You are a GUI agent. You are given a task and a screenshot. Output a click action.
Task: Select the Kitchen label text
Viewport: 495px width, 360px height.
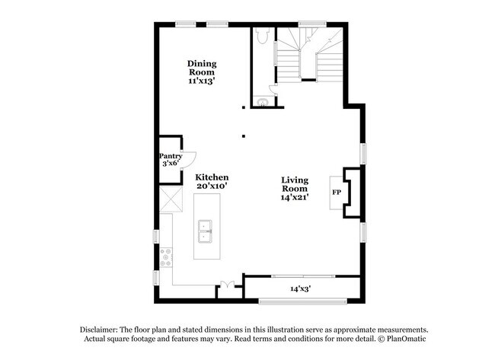pos(212,177)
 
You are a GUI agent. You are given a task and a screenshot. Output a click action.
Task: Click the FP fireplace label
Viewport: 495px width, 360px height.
pos(337,192)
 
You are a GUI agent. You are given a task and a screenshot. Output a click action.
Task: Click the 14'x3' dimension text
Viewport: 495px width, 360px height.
pos(301,288)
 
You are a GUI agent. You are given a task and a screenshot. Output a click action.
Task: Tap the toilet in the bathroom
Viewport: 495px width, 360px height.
pos(262,35)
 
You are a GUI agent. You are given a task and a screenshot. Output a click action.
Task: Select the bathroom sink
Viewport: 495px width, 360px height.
pos(263,103)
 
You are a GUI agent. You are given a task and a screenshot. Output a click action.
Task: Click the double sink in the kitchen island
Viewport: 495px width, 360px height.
pos(205,231)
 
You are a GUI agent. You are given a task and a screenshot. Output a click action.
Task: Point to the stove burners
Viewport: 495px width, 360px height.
pos(166,257)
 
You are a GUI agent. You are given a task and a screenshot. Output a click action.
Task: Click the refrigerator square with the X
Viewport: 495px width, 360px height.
pos(171,199)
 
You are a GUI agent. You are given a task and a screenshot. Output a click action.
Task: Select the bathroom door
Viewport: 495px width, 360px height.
pos(273,89)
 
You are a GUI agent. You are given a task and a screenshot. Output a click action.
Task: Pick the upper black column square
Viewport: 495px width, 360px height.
pos(244,107)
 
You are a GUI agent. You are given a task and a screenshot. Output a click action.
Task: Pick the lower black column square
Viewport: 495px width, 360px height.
pos(244,136)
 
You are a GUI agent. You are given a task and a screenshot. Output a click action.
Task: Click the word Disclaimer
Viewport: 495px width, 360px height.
pos(99,330)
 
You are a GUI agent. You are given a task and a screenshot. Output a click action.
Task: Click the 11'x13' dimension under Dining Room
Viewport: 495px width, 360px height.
pos(202,81)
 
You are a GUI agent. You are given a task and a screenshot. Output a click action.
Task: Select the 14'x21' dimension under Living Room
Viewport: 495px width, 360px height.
pos(295,197)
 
